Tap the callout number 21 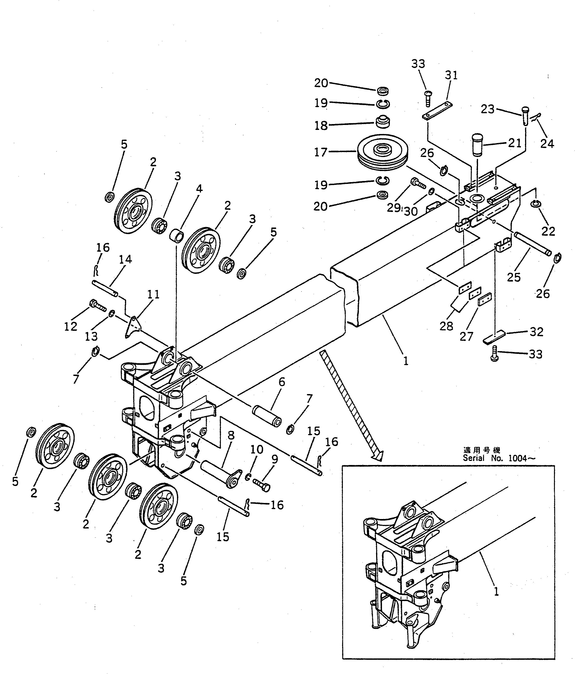click(x=514, y=143)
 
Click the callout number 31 click(x=451, y=75)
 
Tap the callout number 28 click(x=446, y=326)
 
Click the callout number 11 click(x=153, y=294)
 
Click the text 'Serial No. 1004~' click(x=499, y=458)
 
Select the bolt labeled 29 click(x=418, y=183)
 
